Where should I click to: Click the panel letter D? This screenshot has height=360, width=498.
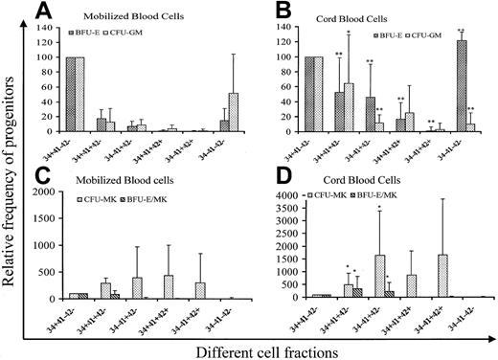pos(288,176)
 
